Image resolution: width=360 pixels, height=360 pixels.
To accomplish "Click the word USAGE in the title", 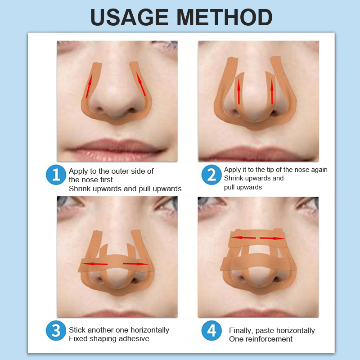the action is [130, 18].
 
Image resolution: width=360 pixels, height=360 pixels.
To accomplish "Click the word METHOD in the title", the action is [225, 18].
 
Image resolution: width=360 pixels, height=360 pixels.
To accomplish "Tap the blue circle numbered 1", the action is [56, 175].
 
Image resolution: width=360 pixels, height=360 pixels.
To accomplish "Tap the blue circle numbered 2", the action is [211, 175].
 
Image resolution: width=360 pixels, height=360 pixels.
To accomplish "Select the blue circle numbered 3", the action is [56, 331].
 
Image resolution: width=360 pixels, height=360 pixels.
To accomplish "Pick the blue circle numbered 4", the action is [211, 331].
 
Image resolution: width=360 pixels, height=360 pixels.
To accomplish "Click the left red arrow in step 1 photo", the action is [89, 86].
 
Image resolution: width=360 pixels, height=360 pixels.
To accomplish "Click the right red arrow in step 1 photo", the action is [141, 84].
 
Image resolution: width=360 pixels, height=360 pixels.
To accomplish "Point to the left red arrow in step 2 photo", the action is [239, 92].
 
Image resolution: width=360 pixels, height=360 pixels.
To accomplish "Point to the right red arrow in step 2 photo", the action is [272, 92].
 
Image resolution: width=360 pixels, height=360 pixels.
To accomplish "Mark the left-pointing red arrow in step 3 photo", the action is [95, 264].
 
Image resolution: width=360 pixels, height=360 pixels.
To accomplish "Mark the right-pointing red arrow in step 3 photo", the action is [136, 264].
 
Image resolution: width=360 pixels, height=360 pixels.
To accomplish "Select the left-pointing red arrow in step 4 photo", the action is [243, 238].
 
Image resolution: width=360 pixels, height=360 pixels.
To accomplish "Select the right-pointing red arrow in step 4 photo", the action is [273, 238].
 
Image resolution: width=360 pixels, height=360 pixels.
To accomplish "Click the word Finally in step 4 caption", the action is [241, 331].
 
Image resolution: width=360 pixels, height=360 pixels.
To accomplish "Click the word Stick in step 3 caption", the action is [77, 330].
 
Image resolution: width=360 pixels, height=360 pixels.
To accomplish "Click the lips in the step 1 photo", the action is [116, 148].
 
